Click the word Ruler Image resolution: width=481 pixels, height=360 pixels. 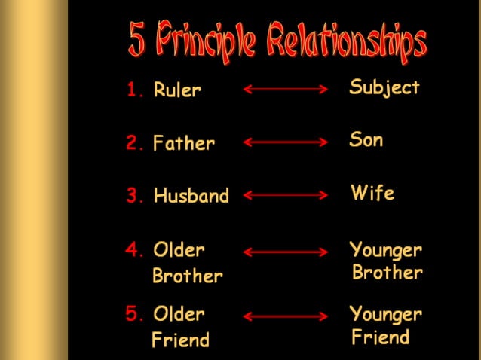[177, 91]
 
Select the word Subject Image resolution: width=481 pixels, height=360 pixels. [384, 88]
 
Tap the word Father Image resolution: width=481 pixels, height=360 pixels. [184, 143]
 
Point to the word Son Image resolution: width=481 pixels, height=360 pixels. [366, 140]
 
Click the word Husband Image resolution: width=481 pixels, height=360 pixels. [191, 197]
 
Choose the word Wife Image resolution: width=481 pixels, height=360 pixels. [372, 194]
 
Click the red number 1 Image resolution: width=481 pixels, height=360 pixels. [135, 91]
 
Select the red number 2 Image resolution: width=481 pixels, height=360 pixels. [135, 143]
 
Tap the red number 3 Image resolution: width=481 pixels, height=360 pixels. [135, 197]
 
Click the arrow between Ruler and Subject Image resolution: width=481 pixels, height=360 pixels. [286, 90]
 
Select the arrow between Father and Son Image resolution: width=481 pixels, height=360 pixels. [286, 142]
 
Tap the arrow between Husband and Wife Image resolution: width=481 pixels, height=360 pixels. [286, 195]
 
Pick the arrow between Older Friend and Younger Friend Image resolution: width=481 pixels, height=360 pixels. [286, 316]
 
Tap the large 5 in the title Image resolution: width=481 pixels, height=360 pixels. [137, 41]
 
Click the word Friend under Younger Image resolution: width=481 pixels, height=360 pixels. [381, 337]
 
